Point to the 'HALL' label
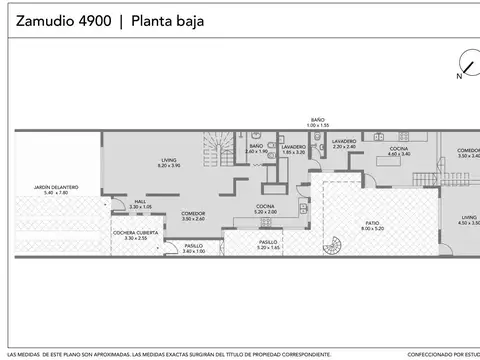141,203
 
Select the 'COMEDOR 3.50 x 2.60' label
193,215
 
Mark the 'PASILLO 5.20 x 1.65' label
268,244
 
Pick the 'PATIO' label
372,225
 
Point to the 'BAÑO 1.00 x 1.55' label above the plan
317,120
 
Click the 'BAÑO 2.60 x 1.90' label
256,149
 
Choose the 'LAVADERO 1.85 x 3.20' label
294,150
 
